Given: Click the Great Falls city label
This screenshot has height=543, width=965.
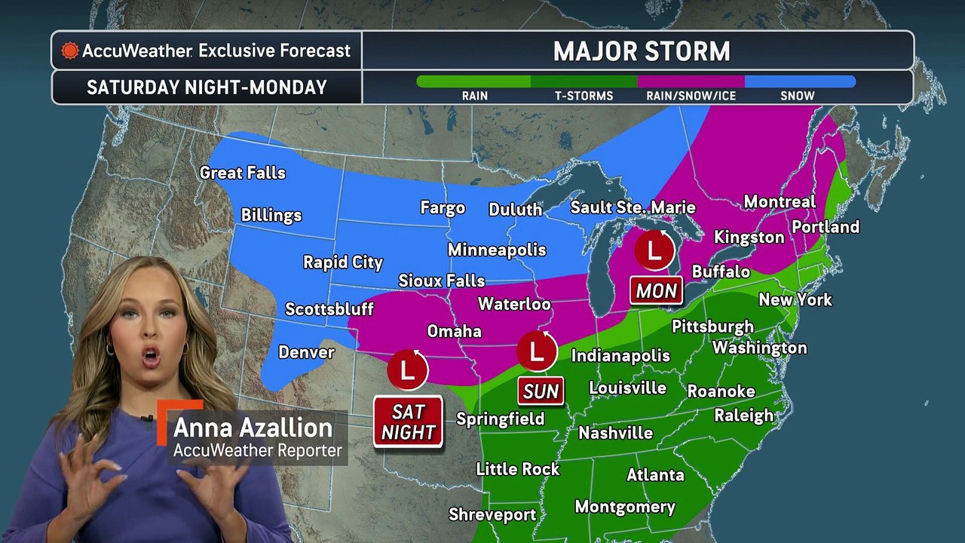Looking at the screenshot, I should point(243,173).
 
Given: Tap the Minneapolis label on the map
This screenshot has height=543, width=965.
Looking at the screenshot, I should point(497,250).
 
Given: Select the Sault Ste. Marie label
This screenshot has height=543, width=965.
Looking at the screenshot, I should point(633,207).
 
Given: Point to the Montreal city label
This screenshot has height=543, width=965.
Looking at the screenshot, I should point(780,201).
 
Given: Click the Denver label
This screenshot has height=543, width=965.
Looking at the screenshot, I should point(306,352).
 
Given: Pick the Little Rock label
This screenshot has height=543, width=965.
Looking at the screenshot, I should point(518,469).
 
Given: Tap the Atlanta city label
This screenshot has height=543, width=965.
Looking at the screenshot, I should point(655,474).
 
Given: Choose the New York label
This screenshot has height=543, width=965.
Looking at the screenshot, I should point(795,299).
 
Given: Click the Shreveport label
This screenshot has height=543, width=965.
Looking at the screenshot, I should point(492,514).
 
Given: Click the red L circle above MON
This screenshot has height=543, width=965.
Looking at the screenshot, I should point(654,250).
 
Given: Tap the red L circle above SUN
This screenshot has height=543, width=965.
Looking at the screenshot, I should point(537,351).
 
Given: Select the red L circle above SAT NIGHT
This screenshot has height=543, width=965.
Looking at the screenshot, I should point(407,370).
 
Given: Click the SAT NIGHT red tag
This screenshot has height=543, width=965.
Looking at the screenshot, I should point(408,422).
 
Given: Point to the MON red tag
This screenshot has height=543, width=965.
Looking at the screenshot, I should point(657,291).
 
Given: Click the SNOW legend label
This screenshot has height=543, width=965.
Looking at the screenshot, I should point(798,96).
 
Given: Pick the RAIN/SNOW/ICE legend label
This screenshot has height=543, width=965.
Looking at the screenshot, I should point(691,96).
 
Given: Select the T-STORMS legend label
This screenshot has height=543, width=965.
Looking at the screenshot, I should point(584,96).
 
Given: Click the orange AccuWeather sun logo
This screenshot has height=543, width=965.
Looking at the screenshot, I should point(70,51).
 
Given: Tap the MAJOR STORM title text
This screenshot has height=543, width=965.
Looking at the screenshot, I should point(642,51).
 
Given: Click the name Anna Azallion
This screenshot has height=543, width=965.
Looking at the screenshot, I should point(253,428).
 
